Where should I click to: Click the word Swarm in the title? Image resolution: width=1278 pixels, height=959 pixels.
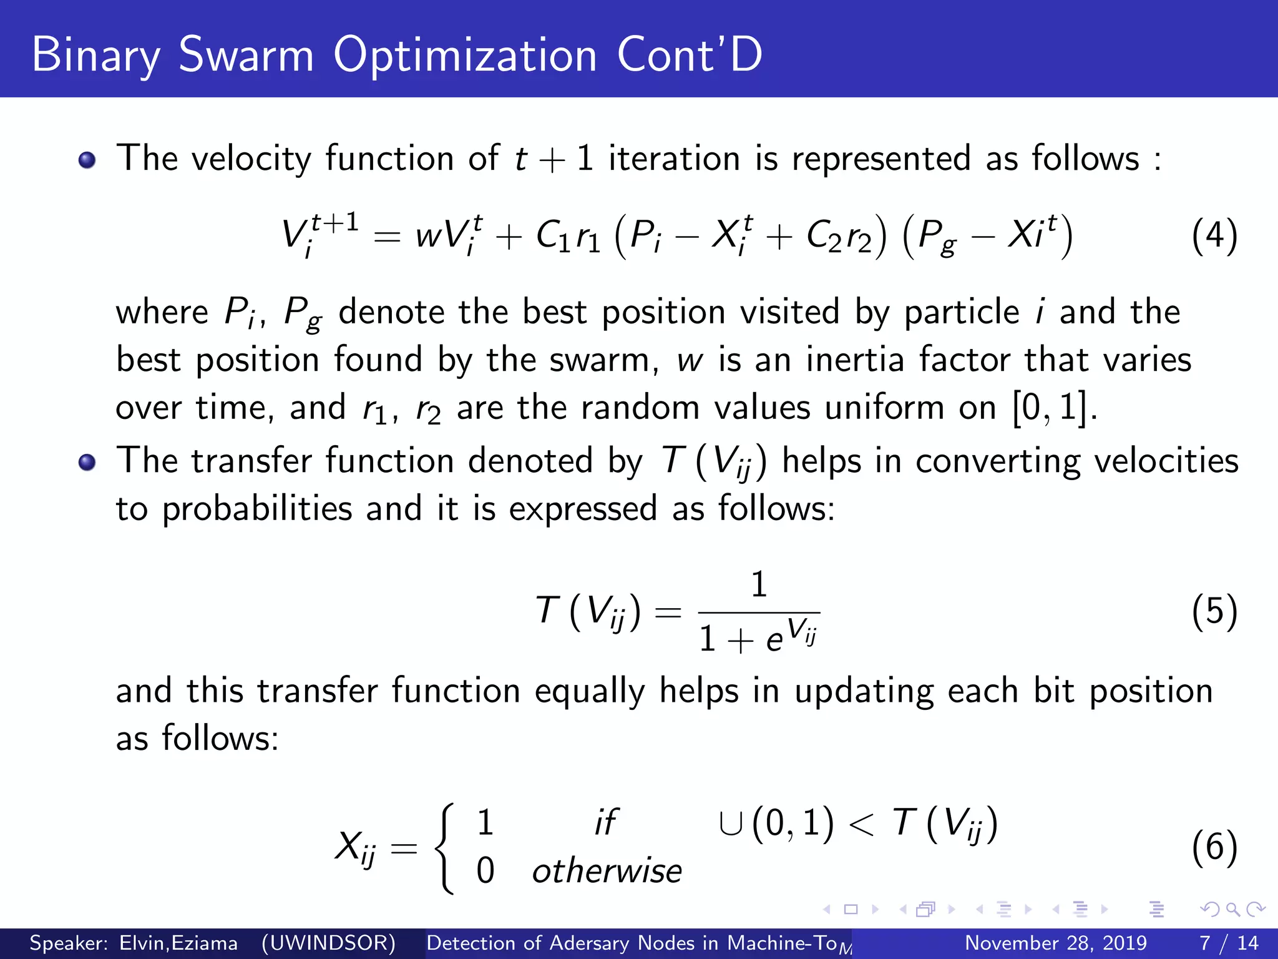tap(246, 55)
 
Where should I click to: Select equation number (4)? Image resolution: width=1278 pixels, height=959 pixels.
tap(1214, 236)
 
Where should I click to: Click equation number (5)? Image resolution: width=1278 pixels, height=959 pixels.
tap(1214, 612)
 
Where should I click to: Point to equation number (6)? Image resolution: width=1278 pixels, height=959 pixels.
tap(1214, 848)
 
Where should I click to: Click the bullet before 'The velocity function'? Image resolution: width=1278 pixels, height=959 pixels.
tap(87, 160)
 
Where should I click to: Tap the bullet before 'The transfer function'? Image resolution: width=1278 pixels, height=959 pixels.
tap(87, 463)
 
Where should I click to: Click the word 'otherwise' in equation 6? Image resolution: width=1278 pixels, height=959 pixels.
tap(607, 870)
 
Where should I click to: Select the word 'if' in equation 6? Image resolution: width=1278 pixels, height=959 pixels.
tap(605, 822)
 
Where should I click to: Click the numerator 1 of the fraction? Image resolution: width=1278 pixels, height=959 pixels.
tap(759, 584)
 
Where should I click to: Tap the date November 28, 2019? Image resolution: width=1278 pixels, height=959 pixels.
tap(1056, 943)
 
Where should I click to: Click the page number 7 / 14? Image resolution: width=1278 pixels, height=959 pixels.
tap(1229, 943)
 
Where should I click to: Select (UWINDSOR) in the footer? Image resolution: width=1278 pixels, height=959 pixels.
tap(328, 943)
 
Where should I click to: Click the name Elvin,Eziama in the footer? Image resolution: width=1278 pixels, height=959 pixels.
tap(178, 943)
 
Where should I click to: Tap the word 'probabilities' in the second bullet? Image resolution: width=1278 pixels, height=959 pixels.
tap(257, 509)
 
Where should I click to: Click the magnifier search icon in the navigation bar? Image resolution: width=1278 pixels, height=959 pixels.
tap(1232, 909)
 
